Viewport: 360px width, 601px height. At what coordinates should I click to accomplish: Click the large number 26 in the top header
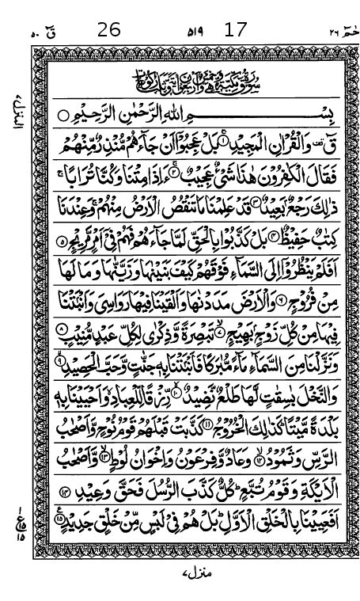(109, 30)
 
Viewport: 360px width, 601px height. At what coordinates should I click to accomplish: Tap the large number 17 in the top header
(235, 30)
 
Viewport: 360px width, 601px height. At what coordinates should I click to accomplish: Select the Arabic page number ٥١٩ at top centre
(194, 32)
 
